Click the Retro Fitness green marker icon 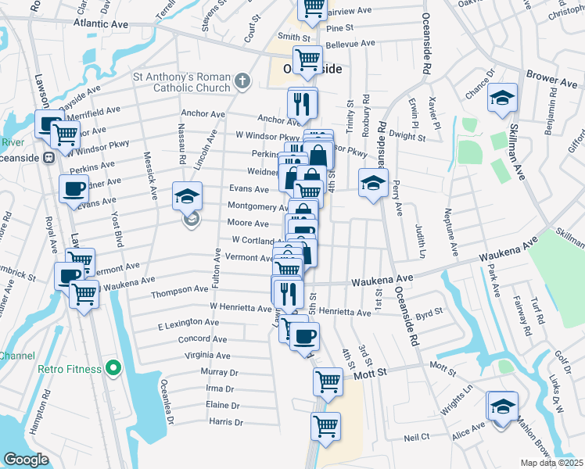click(113, 367)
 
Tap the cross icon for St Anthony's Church click(242, 80)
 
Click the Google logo click(26, 460)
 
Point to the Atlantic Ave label click(101, 24)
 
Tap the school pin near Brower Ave click(502, 98)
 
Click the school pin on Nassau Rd click(188, 196)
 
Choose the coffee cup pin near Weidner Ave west click(74, 188)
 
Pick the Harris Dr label click(227, 422)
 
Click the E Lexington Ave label click(188, 323)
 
